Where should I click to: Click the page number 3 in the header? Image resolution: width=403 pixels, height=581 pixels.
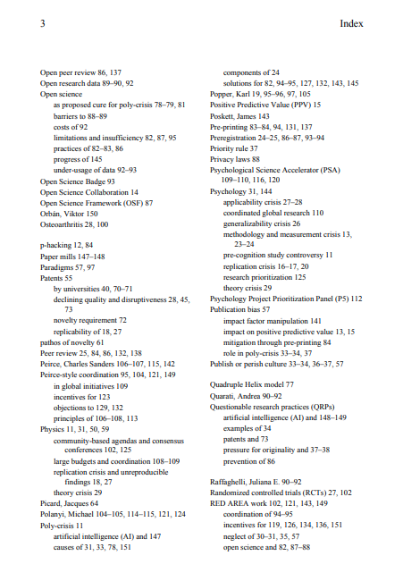[43, 27]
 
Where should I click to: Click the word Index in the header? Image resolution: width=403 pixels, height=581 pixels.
[350, 27]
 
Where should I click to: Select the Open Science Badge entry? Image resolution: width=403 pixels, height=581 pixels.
[75, 179]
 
